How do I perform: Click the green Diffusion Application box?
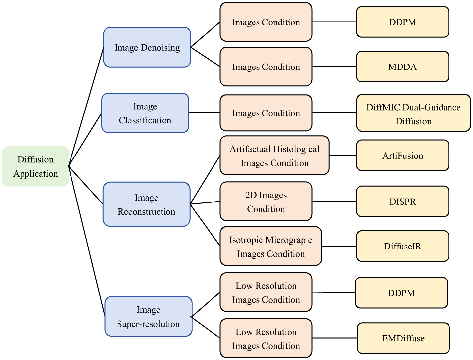(35, 166)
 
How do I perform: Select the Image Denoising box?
(147, 47)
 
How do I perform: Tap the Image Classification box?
(145, 113)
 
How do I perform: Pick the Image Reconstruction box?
(146, 204)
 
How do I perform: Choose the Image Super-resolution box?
(148, 317)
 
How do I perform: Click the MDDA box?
(402, 67)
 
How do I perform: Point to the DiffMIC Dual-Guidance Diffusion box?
(413, 113)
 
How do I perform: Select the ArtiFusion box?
(402, 156)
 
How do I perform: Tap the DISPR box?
(402, 202)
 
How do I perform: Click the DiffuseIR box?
(402, 246)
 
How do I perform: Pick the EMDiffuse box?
(403, 338)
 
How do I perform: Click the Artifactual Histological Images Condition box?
(274, 156)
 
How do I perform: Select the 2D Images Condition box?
(266, 202)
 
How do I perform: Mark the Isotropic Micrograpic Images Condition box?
(270, 246)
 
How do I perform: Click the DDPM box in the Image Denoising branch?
(402, 22)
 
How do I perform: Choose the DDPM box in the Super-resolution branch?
(401, 293)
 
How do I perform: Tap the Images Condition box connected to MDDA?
(266, 67)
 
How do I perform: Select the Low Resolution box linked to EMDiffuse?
(266, 338)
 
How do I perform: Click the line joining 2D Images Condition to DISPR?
(334, 202)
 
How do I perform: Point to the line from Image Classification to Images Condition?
(204, 113)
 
